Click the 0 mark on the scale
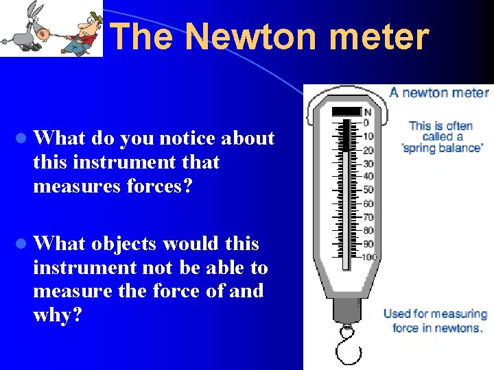pos(366,123)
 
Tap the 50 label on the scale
pos(368,190)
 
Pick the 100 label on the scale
pos(370,256)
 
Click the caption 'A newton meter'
pos(439,93)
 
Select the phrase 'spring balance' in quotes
pos(443,147)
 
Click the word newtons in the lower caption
pos(458,328)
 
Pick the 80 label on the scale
pos(368,230)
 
